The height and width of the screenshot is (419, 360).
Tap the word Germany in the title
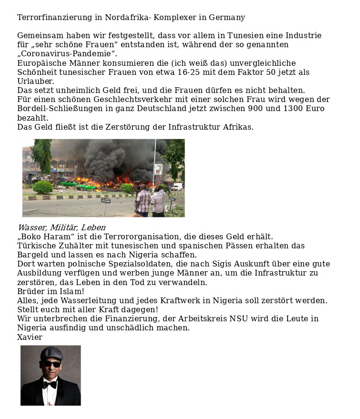227,18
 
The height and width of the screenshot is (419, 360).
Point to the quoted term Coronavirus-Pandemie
67,54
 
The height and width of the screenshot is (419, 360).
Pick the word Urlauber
36,82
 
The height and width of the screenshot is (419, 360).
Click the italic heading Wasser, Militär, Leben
61,227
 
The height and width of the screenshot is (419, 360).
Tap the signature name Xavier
30,337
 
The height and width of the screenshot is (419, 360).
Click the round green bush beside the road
42,187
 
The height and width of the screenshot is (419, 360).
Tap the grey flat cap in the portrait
51,353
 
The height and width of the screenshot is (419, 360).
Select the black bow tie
49,384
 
